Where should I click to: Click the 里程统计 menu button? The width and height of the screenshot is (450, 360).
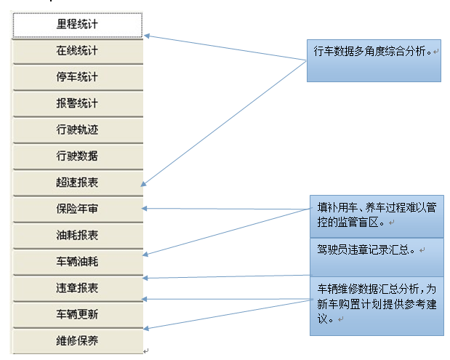77,25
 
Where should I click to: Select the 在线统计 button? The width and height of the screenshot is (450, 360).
77,51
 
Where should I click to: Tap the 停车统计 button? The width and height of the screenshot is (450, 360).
77,77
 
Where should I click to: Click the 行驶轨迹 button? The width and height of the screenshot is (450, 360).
77,129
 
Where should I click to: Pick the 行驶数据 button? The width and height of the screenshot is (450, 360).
77,156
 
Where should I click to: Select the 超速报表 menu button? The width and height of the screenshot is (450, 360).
77,183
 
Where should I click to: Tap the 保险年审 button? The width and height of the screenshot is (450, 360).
77,209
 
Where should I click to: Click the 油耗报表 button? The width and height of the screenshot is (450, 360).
77,235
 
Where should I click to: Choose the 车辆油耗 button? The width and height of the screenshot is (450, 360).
77,261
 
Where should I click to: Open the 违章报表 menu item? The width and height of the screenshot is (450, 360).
77,287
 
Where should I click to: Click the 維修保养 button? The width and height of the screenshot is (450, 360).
77,340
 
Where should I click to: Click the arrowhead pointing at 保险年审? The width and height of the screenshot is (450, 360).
145,209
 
